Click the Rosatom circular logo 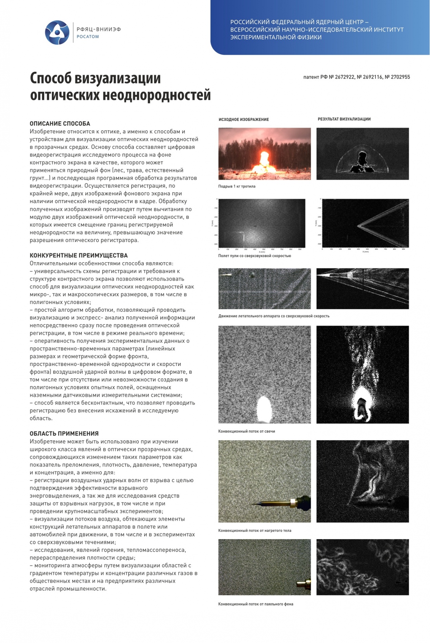[x=57, y=32]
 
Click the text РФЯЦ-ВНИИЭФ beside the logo [x=98, y=29]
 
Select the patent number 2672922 [x=345, y=77]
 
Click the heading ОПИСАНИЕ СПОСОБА [x=60, y=124]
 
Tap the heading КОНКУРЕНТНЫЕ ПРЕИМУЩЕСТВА [x=78, y=256]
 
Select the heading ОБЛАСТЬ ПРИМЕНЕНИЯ [x=64, y=434]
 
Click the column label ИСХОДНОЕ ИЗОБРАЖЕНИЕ [x=244, y=119]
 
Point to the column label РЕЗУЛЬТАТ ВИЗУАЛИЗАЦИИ [x=344, y=119]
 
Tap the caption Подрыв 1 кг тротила [x=237, y=186]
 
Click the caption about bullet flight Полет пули [x=254, y=256]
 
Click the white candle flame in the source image [x=264, y=409]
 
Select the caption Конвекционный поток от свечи [x=247, y=431]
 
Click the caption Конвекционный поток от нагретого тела [x=254, y=531]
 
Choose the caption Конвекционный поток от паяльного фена [x=255, y=604]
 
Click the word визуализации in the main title [x=117, y=79]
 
